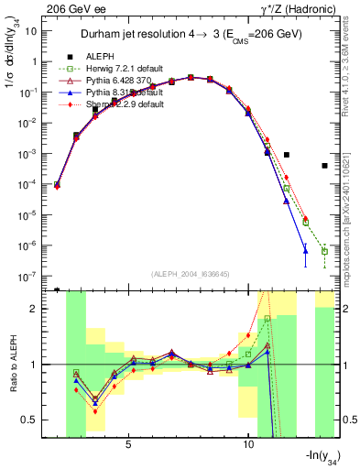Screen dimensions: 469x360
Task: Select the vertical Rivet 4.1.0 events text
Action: (x=352, y=73)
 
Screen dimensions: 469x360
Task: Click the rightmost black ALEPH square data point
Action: (x=325, y=166)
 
